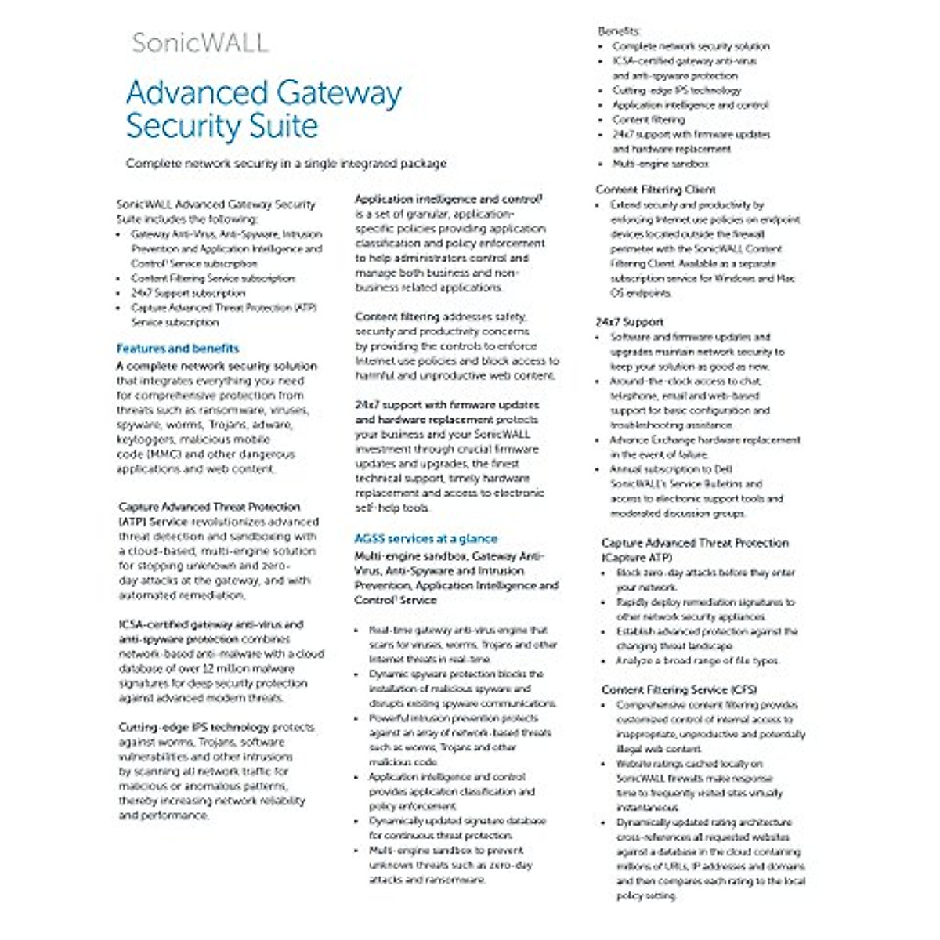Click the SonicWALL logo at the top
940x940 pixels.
(200, 42)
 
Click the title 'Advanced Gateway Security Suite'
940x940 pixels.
(264, 109)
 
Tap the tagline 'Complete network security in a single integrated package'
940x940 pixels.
(286, 164)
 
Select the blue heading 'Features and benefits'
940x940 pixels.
(178, 349)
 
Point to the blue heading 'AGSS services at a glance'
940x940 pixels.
(425, 539)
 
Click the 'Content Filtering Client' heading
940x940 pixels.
(656, 190)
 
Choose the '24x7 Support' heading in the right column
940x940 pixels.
(629, 322)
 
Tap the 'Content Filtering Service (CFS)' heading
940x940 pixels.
(679, 689)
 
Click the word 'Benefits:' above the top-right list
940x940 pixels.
(619, 31)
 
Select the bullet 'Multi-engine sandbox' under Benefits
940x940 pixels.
(660, 164)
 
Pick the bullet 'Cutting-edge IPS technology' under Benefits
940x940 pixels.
(676, 90)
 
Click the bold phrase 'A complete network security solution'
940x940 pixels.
(217, 366)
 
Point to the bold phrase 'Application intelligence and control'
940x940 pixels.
(448, 200)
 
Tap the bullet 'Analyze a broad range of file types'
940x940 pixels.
(697, 660)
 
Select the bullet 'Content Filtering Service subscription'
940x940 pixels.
(213, 278)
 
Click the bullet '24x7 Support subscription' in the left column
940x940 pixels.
(188, 293)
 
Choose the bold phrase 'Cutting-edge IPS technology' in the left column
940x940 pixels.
(193, 727)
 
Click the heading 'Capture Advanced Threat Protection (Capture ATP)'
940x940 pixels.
(694, 550)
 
